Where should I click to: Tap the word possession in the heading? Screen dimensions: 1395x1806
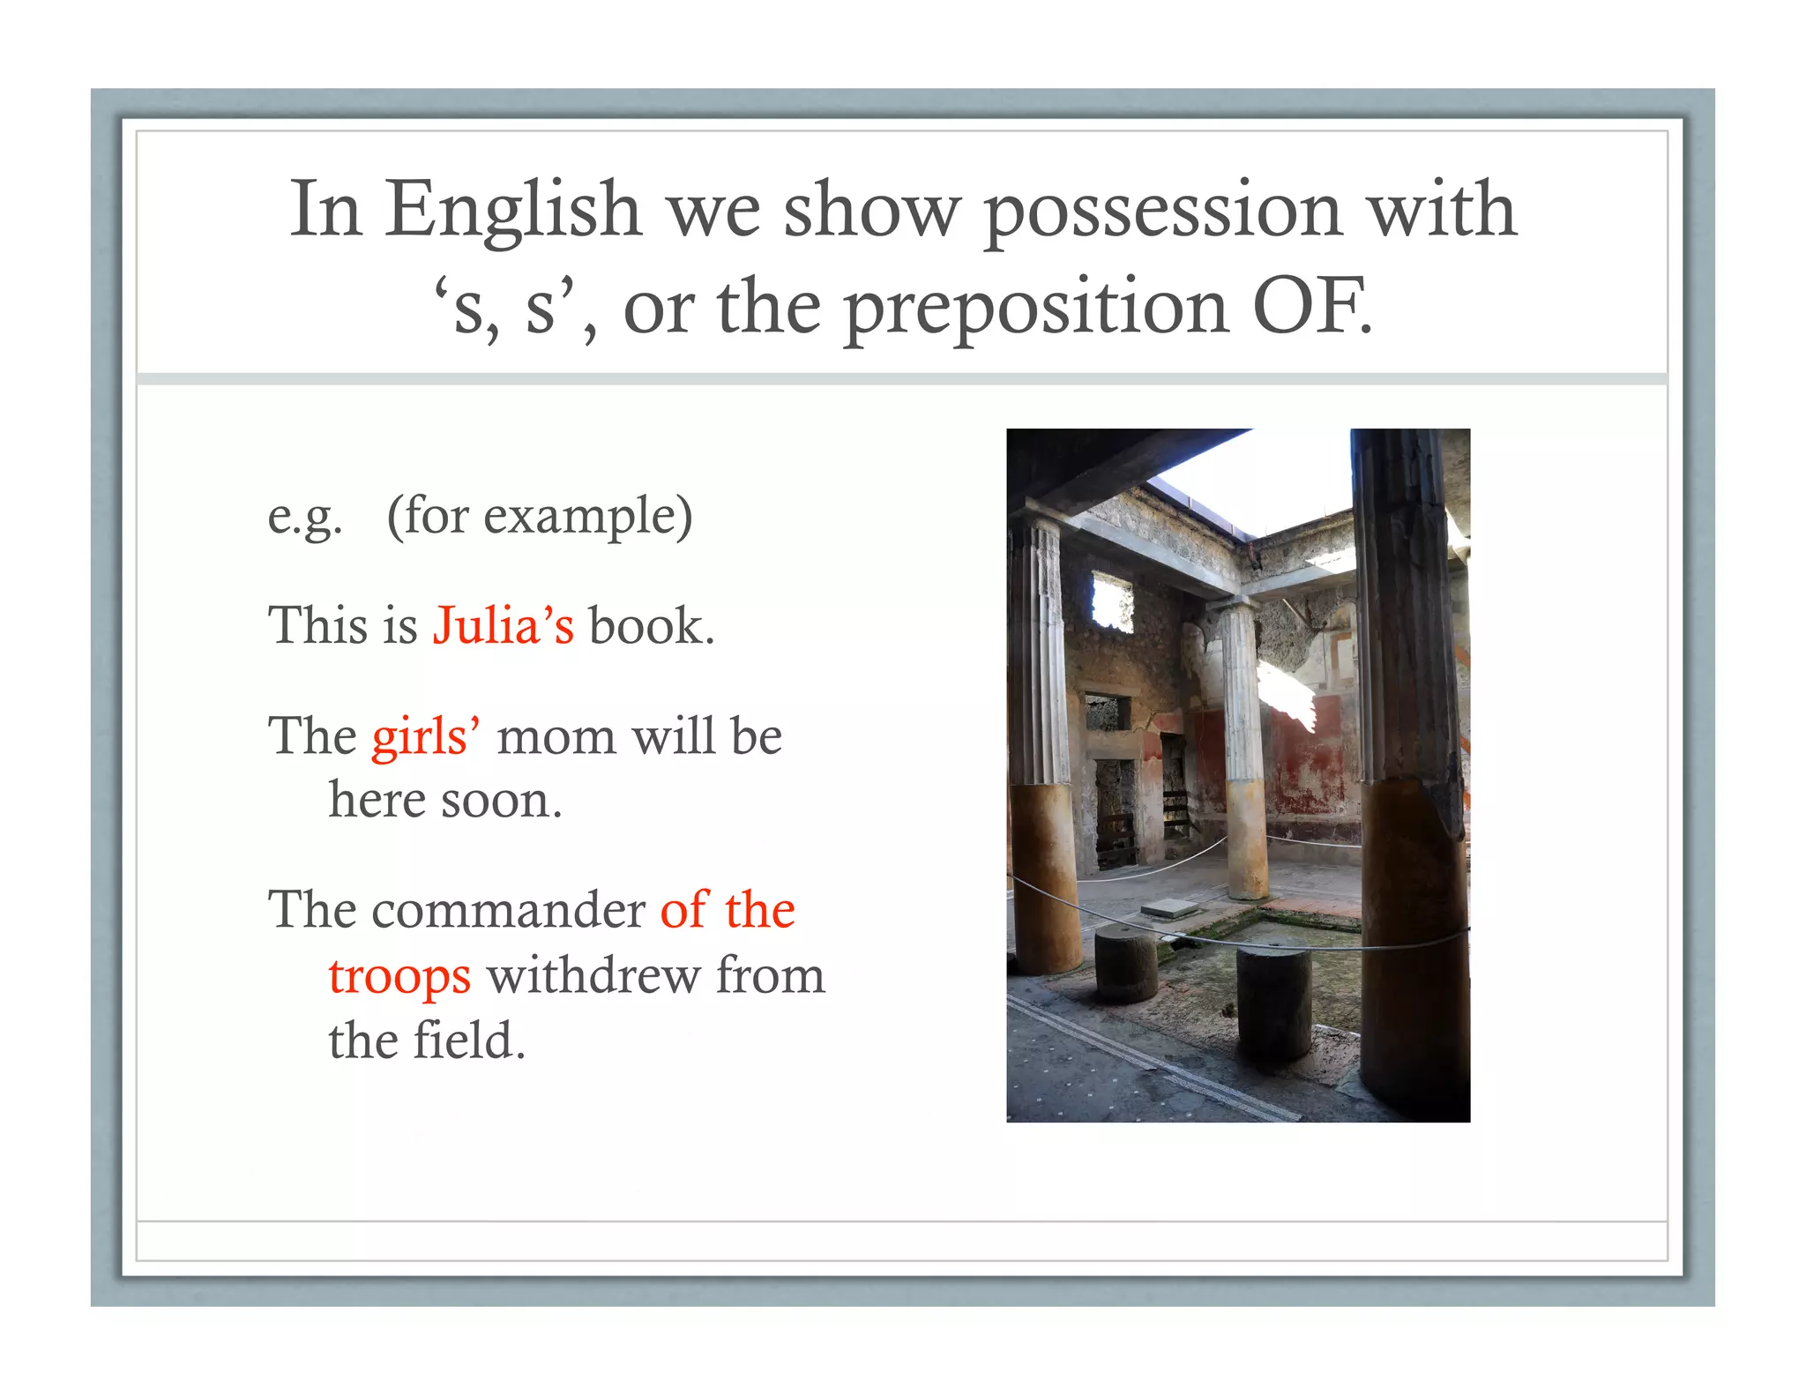point(1162,212)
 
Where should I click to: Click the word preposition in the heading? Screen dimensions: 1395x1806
point(1036,309)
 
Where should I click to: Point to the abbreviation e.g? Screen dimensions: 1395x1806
point(304,517)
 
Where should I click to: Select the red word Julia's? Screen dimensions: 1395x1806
point(503,626)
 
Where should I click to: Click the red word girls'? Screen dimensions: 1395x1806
point(426,736)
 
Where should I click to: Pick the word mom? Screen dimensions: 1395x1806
point(556,738)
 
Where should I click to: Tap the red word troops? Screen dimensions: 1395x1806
point(399,977)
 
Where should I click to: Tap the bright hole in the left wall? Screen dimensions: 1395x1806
point(1111,601)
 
